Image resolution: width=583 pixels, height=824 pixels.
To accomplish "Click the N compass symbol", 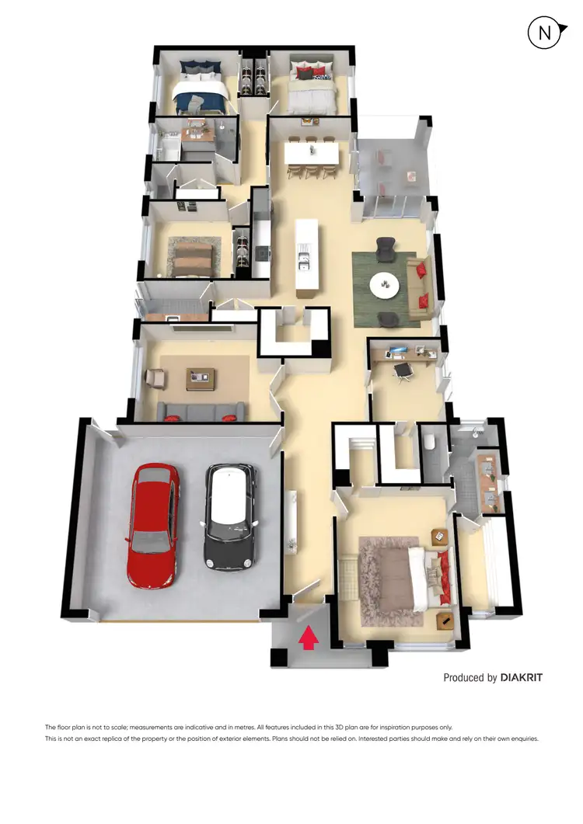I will click(543, 33).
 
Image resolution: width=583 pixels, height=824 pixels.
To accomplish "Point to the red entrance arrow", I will click(309, 638).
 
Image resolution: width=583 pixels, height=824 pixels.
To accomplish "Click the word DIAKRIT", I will click(522, 677).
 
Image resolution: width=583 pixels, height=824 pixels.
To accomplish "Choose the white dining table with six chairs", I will click(311, 155).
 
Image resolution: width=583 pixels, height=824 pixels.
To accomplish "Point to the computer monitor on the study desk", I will click(396, 351).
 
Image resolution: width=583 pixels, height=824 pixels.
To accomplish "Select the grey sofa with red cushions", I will click(201, 411).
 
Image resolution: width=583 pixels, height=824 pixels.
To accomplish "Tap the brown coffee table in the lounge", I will click(201, 378).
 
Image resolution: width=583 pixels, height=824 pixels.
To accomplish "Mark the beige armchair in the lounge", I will click(155, 378).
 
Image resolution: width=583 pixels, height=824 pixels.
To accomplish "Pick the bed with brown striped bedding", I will click(191, 258).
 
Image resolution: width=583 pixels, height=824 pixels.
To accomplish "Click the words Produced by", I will click(470, 677).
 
